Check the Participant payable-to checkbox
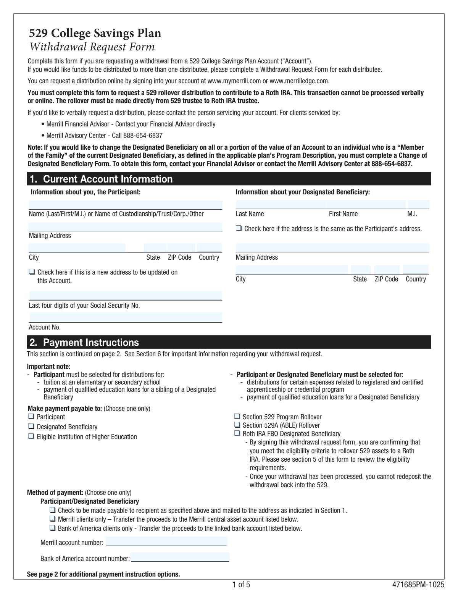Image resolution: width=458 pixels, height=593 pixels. [x=31, y=417]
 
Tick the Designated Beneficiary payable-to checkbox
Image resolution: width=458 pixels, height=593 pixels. [x=31, y=427]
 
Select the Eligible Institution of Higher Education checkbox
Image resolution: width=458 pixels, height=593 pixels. [x=31, y=436]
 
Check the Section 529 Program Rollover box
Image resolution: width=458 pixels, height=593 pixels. [x=237, y=417]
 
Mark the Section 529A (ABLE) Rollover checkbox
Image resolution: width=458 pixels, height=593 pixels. [x=237, y=425]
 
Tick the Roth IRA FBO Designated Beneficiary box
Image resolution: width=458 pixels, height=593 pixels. [x=237, y=433]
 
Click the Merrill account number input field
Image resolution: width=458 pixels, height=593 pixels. [x=166, y=541]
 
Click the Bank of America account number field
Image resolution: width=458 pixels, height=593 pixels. [x=179, y=557]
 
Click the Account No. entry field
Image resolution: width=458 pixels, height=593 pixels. [x=126, y=317]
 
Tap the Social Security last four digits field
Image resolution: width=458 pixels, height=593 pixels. [x=126, y=296]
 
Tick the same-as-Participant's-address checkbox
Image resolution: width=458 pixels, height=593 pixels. [x=239, y=228]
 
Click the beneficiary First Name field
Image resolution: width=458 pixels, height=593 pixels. [x=366, y=204]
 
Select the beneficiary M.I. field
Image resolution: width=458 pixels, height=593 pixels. [x=418, y=204]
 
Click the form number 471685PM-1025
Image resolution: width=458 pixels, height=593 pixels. [x=418, y=585]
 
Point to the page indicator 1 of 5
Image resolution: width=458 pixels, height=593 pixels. [x=241, y=585]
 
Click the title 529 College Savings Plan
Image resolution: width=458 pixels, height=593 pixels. [x=95, y=34]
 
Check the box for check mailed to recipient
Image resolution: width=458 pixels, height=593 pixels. [x=53, y=510]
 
